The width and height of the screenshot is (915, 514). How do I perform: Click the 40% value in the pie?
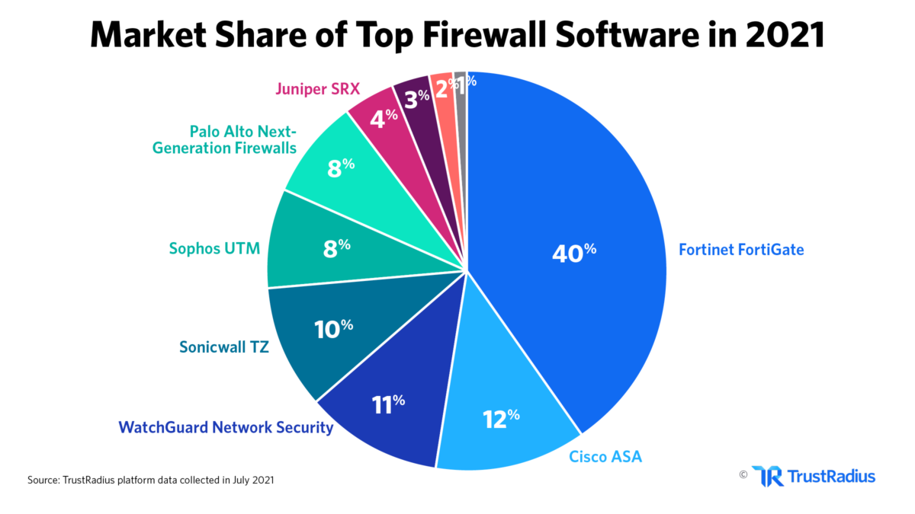pyautogui.click(x=573, y=252)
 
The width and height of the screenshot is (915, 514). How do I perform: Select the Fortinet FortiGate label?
pyautogui.click(x=740, y=249)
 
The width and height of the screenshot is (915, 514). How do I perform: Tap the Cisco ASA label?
pyautogui.click(x=605, y=456)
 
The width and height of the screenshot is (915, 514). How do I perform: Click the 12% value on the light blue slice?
pyautogui.click(x=501, y=418)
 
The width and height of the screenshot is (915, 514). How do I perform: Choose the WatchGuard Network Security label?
pyautogui.click(x=225, y=427)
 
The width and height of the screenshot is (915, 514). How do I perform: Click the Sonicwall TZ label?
pyautogui.click(x=224, y=347)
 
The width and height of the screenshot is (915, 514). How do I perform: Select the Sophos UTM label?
pyautogui.click(x=215, y=248)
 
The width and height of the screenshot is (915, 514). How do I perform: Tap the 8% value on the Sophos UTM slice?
pyautogui.click(x=336, y=247)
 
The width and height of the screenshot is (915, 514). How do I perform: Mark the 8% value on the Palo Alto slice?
pyautogui.click(x=341, y=168)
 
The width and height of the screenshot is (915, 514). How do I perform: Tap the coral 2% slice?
pyautogui.click(x=443, y=90)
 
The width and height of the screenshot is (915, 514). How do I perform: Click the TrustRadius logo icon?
pyautogui.click(x=766, y=476)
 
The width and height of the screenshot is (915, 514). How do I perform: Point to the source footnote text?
pyautogui.click(x=152, y=480)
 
